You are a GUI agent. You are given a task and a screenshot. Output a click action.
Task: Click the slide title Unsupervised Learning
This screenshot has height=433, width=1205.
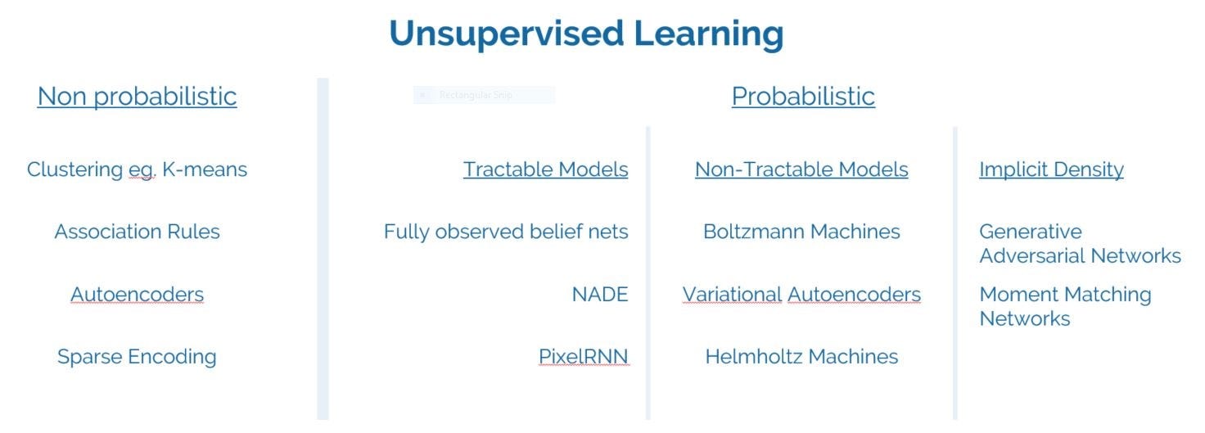[586, 34]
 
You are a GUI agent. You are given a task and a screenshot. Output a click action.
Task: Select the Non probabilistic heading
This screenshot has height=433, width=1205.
[137, 97]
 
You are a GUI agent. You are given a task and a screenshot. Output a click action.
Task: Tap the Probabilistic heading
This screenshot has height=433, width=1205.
[802, 97]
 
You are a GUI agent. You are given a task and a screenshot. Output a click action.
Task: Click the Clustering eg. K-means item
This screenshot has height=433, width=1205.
[137, 169]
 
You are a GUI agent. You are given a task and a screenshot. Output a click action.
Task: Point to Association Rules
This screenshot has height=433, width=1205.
[137, 232]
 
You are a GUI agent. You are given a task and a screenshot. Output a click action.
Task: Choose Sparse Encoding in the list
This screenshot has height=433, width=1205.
[137, 357]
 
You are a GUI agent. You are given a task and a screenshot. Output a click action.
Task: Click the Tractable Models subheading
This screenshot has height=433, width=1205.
[545, 169]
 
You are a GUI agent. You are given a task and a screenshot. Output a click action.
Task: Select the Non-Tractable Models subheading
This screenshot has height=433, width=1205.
[801, 169]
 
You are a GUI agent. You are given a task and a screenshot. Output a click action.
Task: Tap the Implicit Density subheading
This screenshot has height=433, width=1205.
[1051, 169]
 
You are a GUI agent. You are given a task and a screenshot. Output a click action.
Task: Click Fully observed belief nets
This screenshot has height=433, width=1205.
[506, 232]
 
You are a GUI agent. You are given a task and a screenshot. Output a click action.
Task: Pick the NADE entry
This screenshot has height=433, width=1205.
[599, 295]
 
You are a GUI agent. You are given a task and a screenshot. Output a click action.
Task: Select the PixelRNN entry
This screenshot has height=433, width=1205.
[583, 357]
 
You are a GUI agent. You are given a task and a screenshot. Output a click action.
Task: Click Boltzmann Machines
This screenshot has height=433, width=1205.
[801, 232]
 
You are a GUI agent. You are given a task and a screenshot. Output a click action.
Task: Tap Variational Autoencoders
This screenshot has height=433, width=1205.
[801, 295]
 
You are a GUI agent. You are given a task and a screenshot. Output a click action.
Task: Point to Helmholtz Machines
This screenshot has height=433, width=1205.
[801, 357]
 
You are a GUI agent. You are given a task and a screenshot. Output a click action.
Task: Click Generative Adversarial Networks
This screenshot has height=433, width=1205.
[1079, 244]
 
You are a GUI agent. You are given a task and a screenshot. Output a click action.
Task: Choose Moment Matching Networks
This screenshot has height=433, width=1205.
[1064, 306]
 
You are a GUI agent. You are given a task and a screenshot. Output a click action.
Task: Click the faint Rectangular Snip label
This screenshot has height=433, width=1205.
[476, 95]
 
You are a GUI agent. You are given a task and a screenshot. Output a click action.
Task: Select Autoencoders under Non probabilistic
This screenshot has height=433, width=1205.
[137, 295]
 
